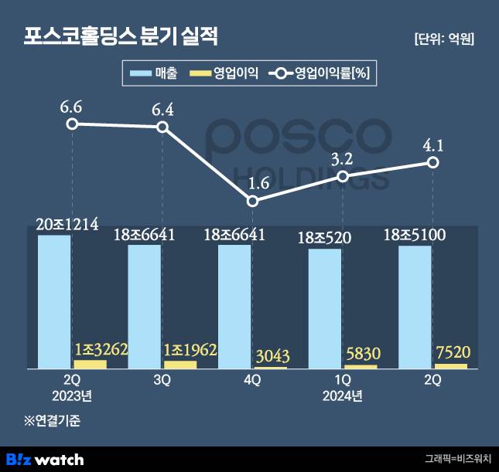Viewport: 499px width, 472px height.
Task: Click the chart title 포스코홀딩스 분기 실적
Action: pyautogui.click(x=122, y=36)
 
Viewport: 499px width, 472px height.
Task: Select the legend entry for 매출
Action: pyautogui.click(x=155, y=74)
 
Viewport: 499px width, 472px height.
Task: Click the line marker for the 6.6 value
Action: pyautogui.click(x=72, y=124)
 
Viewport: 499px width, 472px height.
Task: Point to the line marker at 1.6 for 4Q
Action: pyautogui.click(x=253, y=201)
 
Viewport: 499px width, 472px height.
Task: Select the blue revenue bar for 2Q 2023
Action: pyautogui.click(x=55, y=301)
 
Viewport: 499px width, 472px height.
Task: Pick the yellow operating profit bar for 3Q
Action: pyautogui.click(x=180, y=364)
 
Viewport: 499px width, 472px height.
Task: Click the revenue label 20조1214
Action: pyautogui.click(x=67, y=225)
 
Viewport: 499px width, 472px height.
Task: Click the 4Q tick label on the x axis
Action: pyautogui.click(x=253, y=381)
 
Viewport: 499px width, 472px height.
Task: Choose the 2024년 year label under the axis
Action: pyautogui.click(x=343, y=396)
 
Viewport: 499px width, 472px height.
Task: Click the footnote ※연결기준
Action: pyautogui.click(x=53, y=422)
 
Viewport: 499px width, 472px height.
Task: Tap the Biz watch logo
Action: pyautogui.click(x=45, y=459)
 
